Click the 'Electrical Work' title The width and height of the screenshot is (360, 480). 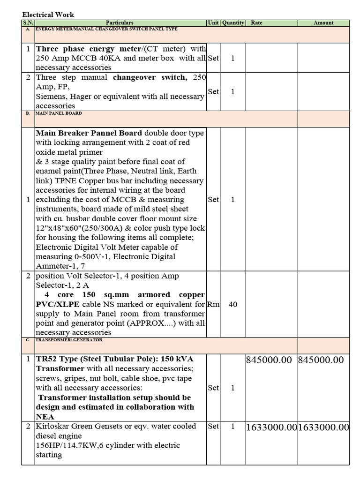pyautogui.click(x=48, y=15)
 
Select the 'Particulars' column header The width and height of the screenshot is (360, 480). pyautogui.click(x=120, y=22)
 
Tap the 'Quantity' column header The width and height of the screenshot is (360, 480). pyautogui.click(x=233, y=22)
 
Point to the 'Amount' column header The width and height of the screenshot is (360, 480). pyautogui.click(x=323, y=22)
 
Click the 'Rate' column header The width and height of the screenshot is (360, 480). pyautogui.click(x=257, y=22)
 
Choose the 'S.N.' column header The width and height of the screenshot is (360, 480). pyautogui.click(x=28, y=22)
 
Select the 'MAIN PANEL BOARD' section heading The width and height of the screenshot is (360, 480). pyautogui.click(x=59, y=113)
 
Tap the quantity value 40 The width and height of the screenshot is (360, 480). pyautogui.click(x=233, y=304)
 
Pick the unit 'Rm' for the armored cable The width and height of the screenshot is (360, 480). pyautogui.click(x=213, y=304)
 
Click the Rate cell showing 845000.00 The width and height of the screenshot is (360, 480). pyautogui.click(x=271, y=360)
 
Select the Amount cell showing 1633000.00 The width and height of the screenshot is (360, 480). pyautogui.click(x=323, y=427)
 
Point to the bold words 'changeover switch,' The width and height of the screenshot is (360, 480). pyautogui.click(x=150, y=77)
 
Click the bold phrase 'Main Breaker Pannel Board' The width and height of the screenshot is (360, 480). pyautogui.click(x=89, y=133)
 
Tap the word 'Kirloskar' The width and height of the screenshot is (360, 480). pyautogui.click(x=52, y=426)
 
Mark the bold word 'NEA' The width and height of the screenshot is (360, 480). pyautogui.click(x=45, y=416)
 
